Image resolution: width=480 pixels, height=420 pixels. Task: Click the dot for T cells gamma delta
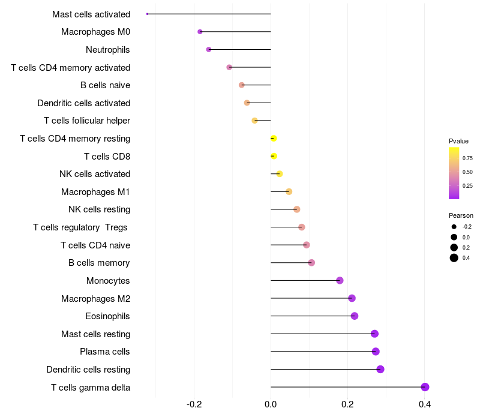point(425,387)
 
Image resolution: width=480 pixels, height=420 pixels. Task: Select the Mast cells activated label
point(91,14)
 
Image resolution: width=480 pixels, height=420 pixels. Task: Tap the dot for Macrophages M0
point(200,32)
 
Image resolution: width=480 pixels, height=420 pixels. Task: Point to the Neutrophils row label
point(108,49)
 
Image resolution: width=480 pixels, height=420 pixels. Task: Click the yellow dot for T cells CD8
point(274,156)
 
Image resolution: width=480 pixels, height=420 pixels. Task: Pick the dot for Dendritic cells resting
point(380,369)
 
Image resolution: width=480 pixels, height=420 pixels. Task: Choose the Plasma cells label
point(105,352)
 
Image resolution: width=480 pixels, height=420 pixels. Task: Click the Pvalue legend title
point(458,141)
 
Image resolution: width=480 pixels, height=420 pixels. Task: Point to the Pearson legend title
point(461,215)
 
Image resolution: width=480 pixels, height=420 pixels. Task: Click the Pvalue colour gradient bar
point(454,173)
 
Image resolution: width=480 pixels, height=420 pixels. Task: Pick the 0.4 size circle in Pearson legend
point(454,258)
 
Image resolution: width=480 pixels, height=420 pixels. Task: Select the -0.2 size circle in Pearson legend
point(454,227)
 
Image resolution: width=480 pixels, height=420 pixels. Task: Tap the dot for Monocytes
point(340,280)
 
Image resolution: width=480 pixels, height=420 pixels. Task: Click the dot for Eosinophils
point(354,316)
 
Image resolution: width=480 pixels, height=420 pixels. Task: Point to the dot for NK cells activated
point(279,174)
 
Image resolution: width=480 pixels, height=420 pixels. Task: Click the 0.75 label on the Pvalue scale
point(467,158)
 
